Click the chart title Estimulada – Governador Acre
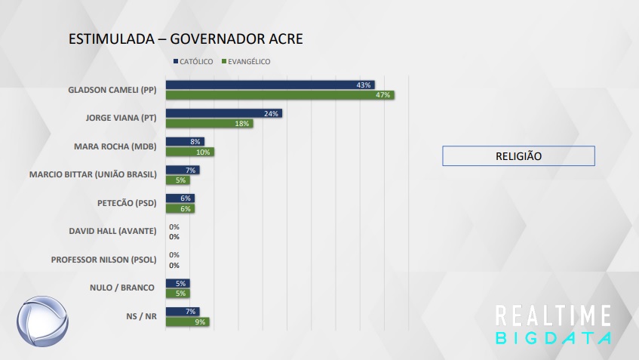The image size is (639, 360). point(186,38)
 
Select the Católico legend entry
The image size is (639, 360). point(194,61)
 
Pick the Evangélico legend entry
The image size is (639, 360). point(245,61)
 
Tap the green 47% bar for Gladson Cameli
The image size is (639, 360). point(280,95)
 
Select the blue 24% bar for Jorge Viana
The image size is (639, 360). point(223,113)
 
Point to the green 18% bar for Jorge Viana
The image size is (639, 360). point(209,124)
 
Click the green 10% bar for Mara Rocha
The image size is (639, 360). point(189,152)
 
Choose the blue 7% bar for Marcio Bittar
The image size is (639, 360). point(182,170)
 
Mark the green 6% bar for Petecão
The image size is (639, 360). point(180,208)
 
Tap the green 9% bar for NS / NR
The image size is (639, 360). point(187,322)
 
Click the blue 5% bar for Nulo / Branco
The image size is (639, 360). point(177,283)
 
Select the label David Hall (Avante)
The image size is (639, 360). point(112,231)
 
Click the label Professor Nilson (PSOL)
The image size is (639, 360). point(103,260)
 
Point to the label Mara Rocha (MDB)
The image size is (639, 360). point(115,146)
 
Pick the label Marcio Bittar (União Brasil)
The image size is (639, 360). point(92,174)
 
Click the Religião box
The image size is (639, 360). point(518,156)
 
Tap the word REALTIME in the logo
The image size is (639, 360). point(552,315)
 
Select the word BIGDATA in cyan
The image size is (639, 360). point(552,337)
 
